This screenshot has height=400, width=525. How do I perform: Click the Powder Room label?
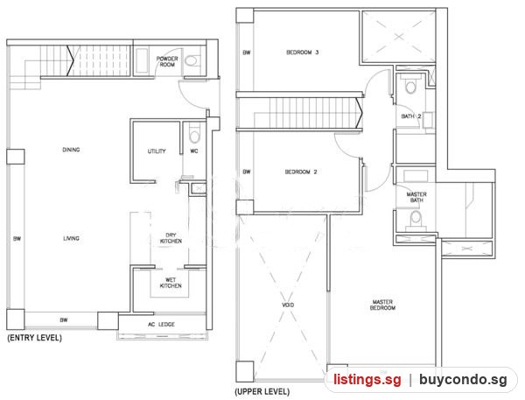167,61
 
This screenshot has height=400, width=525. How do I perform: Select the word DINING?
71,150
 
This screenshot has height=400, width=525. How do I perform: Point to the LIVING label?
72,239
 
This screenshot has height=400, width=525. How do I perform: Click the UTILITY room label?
157,151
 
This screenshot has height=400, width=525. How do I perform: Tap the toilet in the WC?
194,135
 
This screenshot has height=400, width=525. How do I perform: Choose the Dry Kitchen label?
171,238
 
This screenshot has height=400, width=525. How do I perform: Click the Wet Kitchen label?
171,283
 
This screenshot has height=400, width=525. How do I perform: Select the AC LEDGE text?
161,324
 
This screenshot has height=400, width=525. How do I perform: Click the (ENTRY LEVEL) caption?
34,338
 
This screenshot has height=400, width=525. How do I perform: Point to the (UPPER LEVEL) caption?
262,391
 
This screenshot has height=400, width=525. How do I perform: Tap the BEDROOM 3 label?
303,53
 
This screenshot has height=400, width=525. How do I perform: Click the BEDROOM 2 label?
301,172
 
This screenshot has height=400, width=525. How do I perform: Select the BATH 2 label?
411,116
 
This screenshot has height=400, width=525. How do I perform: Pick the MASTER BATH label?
416,197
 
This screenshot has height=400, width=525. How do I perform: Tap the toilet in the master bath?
416,220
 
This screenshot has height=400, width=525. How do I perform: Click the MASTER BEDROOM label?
382,305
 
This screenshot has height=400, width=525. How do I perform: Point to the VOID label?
288,305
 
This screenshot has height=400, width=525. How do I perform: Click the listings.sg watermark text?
367,380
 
